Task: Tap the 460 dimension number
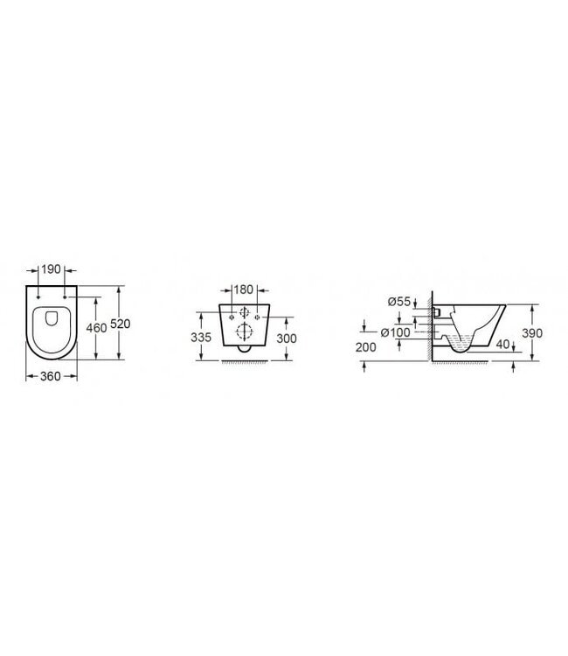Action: tap(97, 327)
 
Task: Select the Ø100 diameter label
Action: tap(396, 332)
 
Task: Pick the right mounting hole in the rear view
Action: tap(257, 315)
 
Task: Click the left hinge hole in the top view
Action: tap(38, 300)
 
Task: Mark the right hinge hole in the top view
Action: tap(65, 300)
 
